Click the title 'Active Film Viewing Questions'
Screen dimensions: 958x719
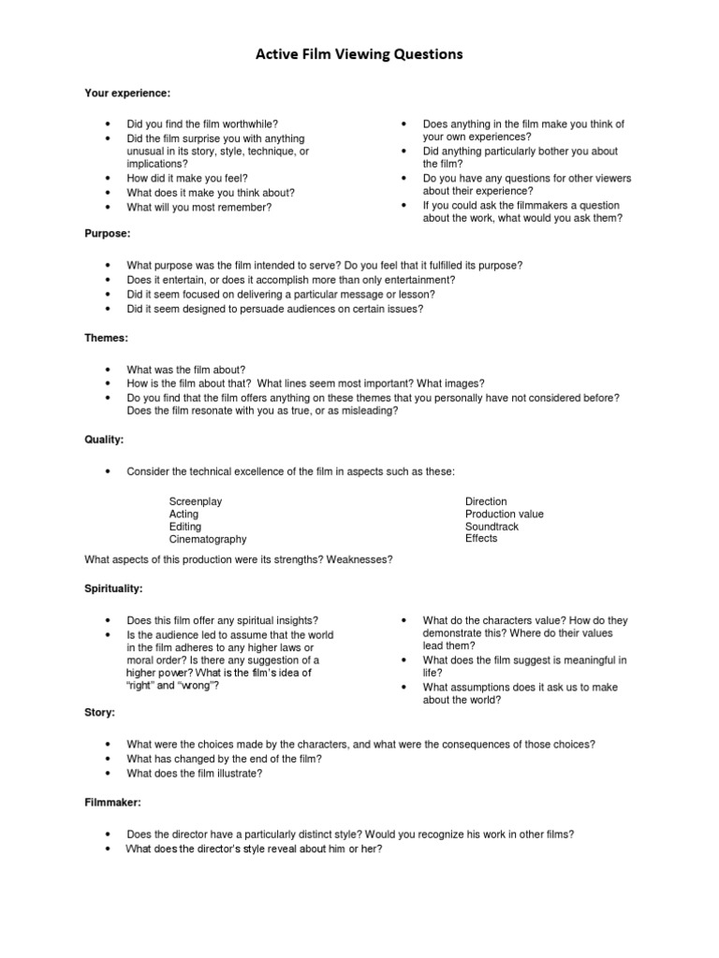point(359,55)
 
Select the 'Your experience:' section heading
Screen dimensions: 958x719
point(126,94)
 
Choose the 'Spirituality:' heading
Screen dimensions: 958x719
point(114,589)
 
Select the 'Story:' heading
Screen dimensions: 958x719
point(99,712)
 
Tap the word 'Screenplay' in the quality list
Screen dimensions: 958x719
point(196,502)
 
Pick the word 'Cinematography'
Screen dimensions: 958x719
point(208,540)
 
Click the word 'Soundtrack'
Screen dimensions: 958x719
point(492,527)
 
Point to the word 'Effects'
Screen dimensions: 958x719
point(481,539)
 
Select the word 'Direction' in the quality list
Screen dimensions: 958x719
point(486,502)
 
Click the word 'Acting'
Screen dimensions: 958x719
point(183,515)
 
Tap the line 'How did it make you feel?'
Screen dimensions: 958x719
point(187,178)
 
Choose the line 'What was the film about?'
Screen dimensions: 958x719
point(185,370)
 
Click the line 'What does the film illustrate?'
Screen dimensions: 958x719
point(194,774)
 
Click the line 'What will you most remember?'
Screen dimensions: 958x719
point(198,208)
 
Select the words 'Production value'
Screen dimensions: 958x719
point(504,515)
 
